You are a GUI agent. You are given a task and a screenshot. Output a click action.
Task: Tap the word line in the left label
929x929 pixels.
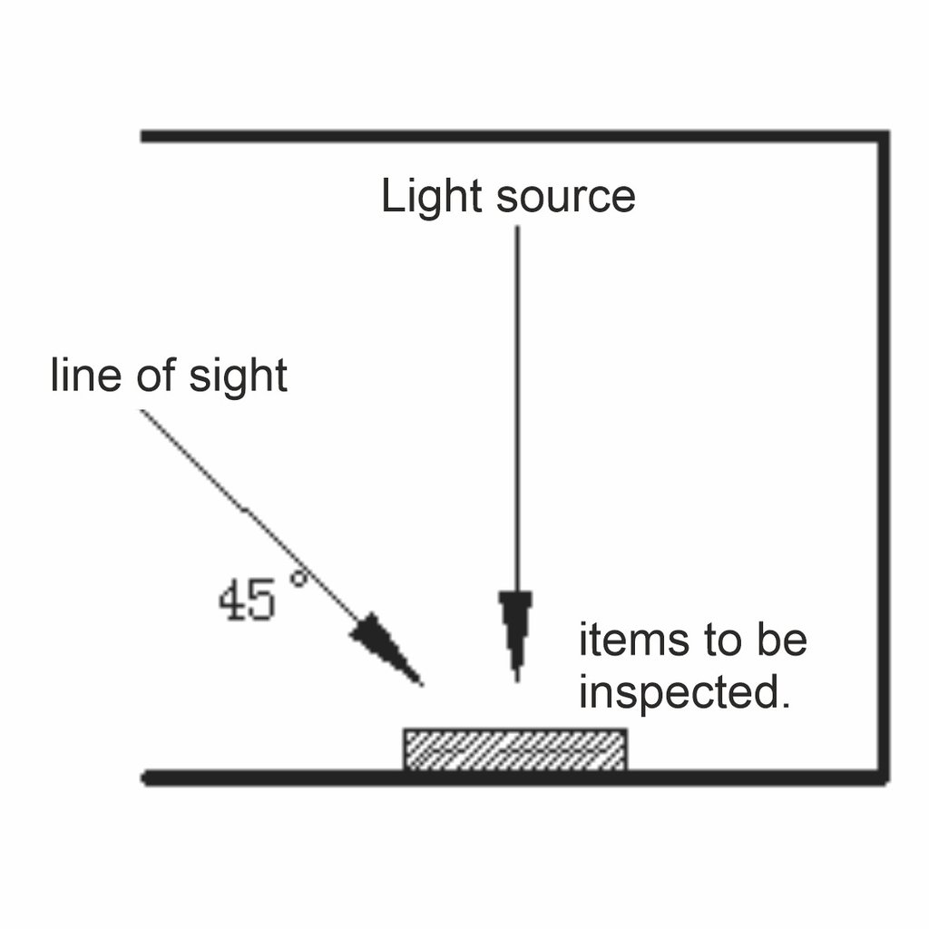click(84, 375)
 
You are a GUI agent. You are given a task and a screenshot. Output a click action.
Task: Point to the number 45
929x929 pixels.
click(246, 601)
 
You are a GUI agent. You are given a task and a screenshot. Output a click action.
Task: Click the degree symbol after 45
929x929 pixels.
click(298, 578)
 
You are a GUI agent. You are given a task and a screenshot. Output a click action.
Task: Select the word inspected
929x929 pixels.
click(680, 694)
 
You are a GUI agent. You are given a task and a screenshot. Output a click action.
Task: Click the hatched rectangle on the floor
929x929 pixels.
click(514, 749)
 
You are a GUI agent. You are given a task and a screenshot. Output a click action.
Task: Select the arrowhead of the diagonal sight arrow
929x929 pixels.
click(386, 647)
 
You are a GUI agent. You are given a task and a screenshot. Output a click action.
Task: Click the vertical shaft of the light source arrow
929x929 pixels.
click(517, 408)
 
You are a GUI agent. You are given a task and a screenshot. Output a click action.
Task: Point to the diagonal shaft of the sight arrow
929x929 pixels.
click(245, 513)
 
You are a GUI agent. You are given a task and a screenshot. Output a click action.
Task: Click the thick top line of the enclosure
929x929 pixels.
click(508, 137)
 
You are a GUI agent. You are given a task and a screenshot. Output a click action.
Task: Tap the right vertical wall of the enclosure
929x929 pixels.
click(883, 454)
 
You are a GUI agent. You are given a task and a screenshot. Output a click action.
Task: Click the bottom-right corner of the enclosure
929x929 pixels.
click(882, 777)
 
